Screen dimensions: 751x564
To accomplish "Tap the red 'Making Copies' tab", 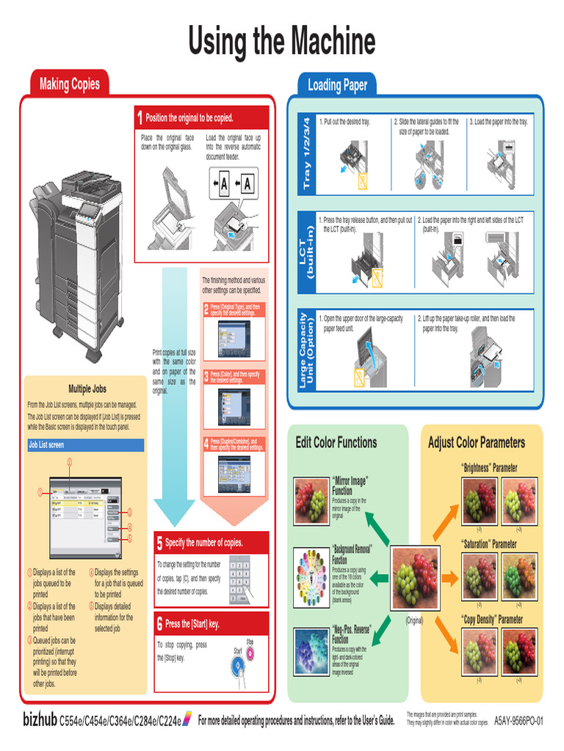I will [x=69, y=84].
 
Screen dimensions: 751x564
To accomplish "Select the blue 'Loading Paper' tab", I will [x=337, y=85].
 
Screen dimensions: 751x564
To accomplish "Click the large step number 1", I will [x=140, y=118].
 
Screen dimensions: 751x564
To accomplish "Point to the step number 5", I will [x=159, y=543].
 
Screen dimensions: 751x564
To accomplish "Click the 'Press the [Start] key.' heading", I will [x=192, y=624].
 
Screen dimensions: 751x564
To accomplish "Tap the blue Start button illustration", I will [x=237, y=666].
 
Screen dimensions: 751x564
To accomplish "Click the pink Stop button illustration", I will [x=250, y=653].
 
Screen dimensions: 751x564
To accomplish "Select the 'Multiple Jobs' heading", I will [x=87, y=389].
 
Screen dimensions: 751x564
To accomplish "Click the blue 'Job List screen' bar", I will [x=85, y=445].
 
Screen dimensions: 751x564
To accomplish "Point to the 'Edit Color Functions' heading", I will [x=336, y=442].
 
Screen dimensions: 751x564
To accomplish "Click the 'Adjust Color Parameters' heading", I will [x=477, y=442].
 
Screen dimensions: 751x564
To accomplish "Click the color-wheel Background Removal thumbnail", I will [x=311, y=576].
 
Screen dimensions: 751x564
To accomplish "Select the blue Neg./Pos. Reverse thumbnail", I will [x=311, y=651].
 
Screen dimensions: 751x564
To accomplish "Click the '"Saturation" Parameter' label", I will [x=488, y=544].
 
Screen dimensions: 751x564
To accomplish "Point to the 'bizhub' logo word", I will [x=40, y=721].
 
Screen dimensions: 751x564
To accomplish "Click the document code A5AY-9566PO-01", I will [x=518, y=722].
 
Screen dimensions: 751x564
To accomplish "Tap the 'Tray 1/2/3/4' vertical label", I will [x=306, y=154].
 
